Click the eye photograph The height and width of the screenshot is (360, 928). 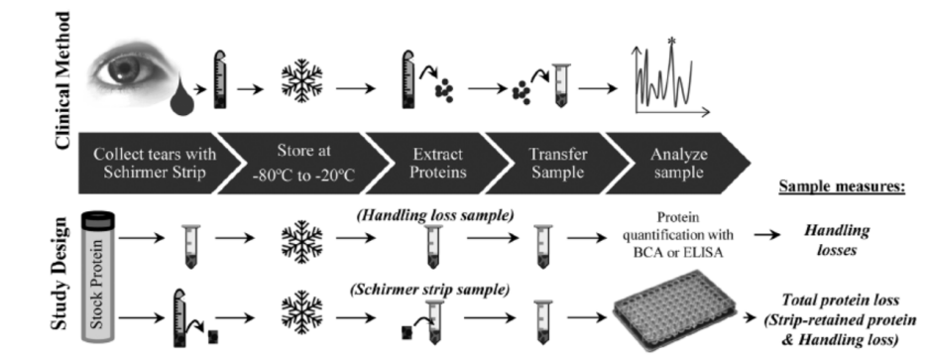click(x=135, y=74)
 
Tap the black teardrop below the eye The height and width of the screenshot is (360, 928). click(x=182, y=100)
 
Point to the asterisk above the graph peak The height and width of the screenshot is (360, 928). click(x=671, y=42)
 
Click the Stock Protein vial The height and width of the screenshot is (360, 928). click(x=98, y=278)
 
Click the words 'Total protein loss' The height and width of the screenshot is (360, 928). click(x=841, y=300)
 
